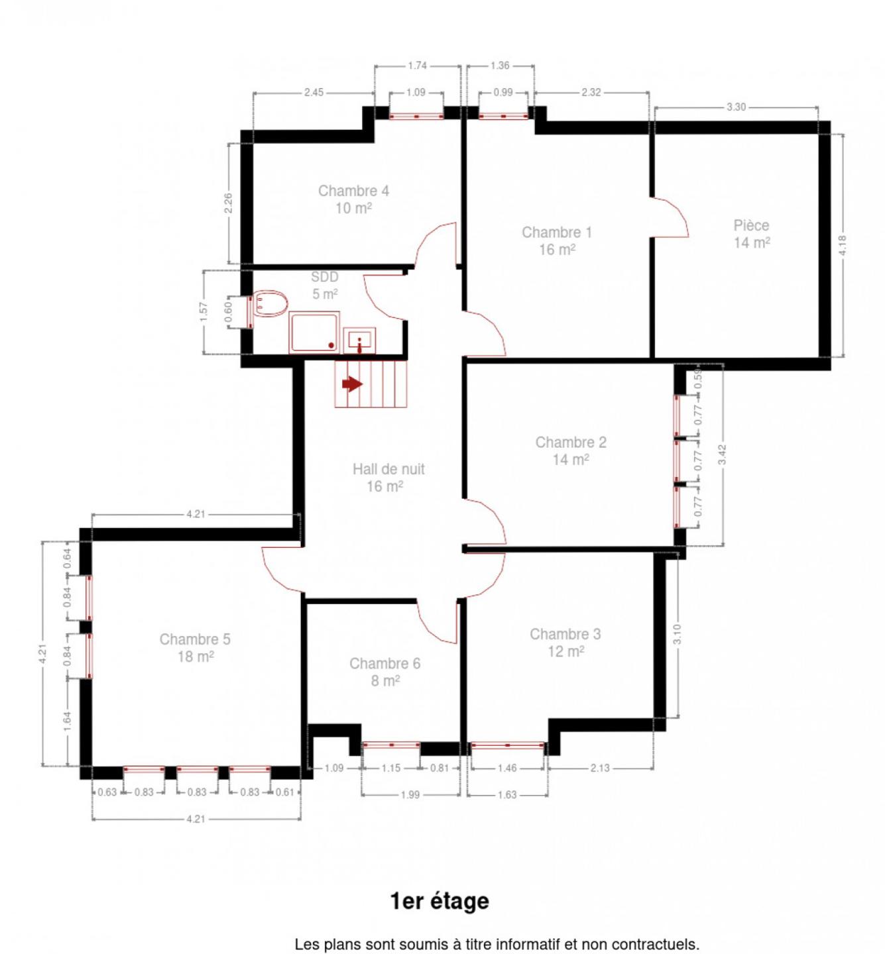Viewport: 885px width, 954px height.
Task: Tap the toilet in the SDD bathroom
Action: tap(270, 303)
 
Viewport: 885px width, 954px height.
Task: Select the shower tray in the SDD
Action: tap(314, 333)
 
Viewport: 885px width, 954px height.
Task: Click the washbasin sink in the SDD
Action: tap(359, 341)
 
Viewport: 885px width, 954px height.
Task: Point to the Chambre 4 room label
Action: tap(353, 191)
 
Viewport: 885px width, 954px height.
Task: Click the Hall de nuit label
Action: tap(388, 469)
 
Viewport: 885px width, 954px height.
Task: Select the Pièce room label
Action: tap(751, 225)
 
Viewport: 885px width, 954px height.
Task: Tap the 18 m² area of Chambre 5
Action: tap(196, 656)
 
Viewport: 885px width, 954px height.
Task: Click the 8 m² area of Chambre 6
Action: tap(385, 680)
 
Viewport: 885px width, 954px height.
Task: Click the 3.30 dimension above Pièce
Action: tap(736, 107)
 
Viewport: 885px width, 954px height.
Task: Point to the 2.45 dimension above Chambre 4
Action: tap(314, 92)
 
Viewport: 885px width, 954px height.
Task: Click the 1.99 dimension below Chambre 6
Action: tap(410, 795)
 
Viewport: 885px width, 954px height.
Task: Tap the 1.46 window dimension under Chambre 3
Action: tap(507, 768)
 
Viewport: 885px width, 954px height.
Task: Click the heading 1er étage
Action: tap(440, 901)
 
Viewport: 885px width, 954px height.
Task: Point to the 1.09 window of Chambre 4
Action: tap(416, 116)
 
